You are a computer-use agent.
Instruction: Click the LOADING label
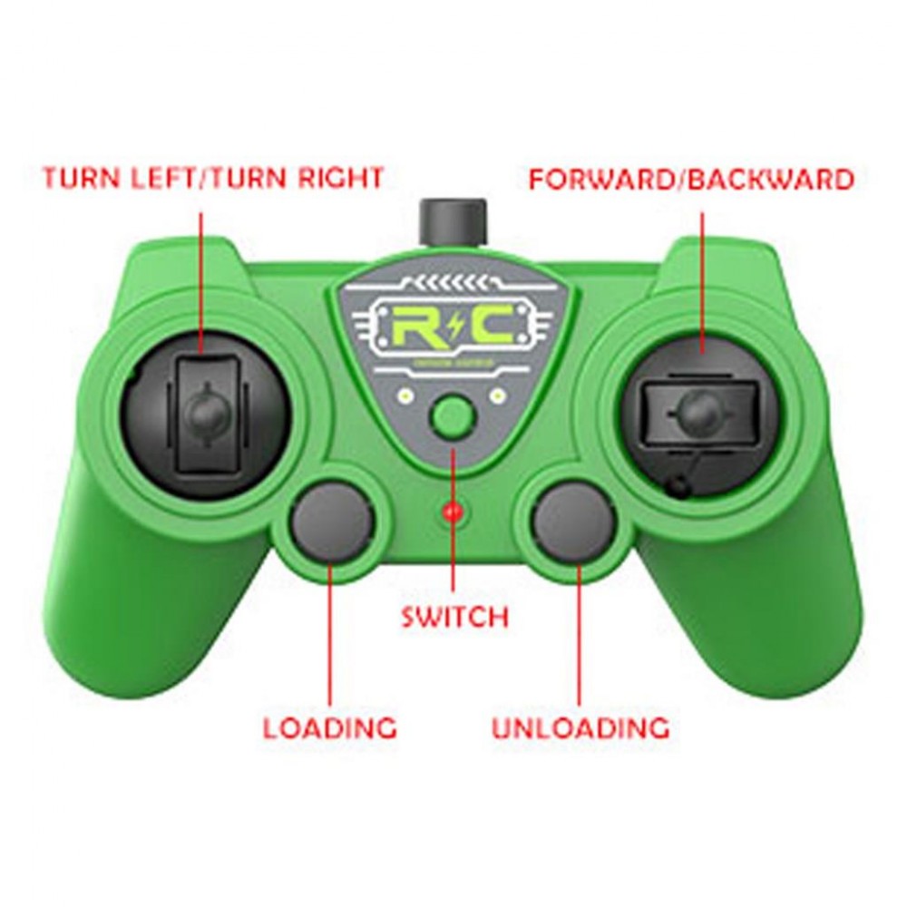pos(330,727)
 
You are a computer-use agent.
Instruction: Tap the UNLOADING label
pos(580,727)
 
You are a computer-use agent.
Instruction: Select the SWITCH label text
pos(454,618)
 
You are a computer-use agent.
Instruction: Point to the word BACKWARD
pos(770,180)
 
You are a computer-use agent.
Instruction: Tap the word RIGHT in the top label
pos(340,178)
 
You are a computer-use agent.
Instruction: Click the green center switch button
pos(453,416)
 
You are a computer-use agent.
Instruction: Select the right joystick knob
pos(699,411)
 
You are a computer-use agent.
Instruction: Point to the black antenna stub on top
pos(453,218)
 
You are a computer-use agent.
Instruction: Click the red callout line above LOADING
pos(329,635)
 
